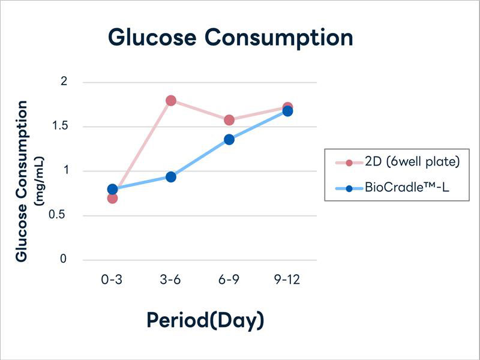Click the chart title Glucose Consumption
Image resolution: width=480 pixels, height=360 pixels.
(x=230, y=38)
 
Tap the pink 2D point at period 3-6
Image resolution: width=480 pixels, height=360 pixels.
(x=171, y=100)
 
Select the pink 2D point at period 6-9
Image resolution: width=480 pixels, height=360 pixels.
(x=229, y=120)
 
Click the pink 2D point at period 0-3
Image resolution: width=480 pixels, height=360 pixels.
(x=112, y=198)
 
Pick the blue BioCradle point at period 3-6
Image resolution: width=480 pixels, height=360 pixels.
(x=171, y=177)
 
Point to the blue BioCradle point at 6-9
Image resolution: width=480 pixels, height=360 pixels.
(x=229, y=140)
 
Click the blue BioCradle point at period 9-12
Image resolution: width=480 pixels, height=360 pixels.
(x=287, y=111)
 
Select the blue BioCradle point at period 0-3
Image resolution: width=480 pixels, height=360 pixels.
(x=112, y=190)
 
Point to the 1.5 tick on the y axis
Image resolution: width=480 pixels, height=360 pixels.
(x=62, y=127)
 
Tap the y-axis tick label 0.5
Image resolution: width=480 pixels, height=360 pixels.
(x=62, y=215)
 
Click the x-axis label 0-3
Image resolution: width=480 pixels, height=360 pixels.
(x=112, y=281)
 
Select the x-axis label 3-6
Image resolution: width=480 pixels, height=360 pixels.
(x=171, y=281)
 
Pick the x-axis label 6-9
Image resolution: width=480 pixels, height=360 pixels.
(x=229, y=281)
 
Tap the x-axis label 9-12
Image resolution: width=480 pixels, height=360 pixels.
(x=287, y=281)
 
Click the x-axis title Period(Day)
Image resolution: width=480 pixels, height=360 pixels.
(x=205, y=320)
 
